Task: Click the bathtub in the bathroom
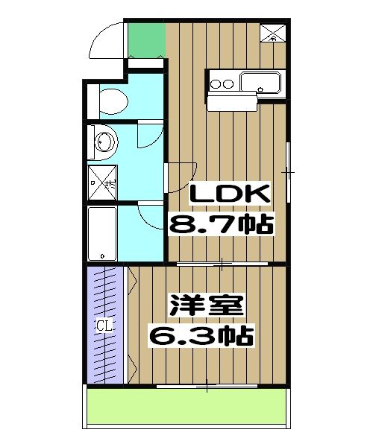click(102, 232)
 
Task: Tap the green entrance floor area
click(145, 39)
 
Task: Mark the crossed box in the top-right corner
click(272, 32)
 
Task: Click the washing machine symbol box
click(102, 180)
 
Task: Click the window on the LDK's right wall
click(289, 173)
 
